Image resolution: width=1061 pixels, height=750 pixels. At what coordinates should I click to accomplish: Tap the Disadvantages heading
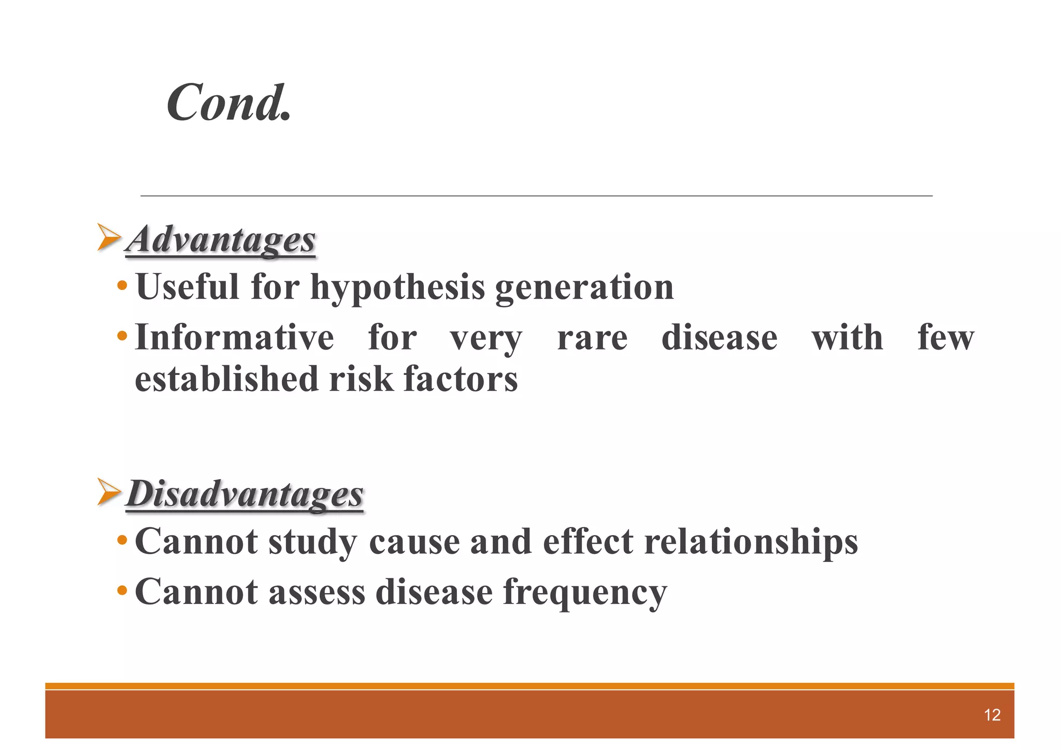(245, 494)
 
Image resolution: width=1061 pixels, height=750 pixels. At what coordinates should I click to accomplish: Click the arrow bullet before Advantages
(109, 237)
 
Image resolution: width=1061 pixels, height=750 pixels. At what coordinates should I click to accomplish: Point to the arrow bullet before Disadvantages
(109, 492)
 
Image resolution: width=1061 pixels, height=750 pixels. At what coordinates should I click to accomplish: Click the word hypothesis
(397, 287)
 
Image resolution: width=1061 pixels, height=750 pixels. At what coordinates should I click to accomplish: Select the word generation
(584, 287)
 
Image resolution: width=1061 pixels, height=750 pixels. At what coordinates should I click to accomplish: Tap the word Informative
(234, 338)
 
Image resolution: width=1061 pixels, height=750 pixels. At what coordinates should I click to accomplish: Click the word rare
(592, 338)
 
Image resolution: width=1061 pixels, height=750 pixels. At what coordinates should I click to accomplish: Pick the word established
(226, 379)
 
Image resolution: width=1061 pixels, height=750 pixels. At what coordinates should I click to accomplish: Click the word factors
(461, 379)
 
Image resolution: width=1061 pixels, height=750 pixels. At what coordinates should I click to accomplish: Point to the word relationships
(751, 542)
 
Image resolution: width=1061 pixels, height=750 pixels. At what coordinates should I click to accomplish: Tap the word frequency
(585, 593)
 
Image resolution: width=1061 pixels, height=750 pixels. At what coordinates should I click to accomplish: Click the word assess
(317, 592)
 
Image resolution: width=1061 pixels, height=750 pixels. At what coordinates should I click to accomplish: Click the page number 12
(992, 715)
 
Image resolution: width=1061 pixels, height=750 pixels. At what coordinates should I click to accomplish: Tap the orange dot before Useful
(122, 286)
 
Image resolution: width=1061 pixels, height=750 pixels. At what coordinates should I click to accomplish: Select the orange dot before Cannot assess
(122, 590)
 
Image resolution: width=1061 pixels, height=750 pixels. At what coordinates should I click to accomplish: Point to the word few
(945, 338)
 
